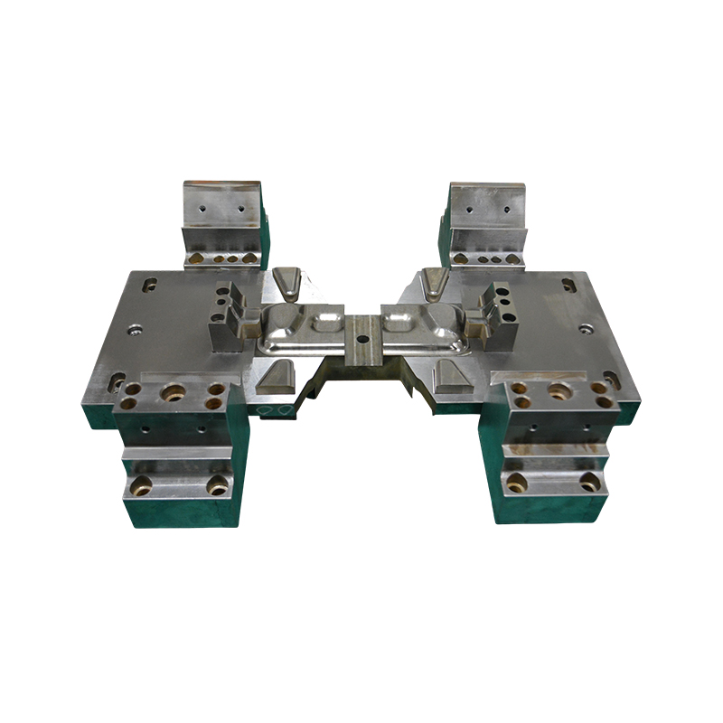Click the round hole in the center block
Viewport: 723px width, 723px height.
pos(361,339)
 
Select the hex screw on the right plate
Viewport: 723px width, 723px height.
pos(586,329)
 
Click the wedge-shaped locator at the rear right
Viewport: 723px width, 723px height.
pos(435,284)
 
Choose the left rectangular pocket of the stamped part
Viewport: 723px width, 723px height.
pos(324,319)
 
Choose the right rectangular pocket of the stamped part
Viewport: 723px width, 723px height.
pos(398,319)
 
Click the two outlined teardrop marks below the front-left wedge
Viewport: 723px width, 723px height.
pos(277,409)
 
